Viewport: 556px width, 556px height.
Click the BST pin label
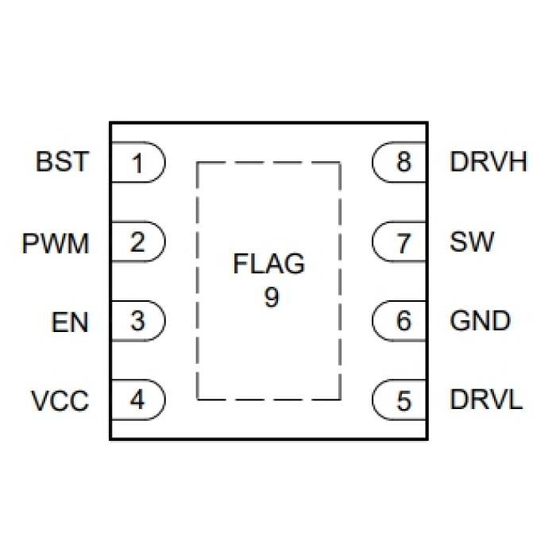point(60,163)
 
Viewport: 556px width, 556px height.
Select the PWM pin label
point(55,242)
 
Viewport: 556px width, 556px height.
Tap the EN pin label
point(69,322)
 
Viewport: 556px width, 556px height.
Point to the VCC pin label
point(60,401)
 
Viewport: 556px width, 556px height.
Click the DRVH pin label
point(488,163)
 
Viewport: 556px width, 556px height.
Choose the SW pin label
point(471,242)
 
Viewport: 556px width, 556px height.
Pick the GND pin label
point(480,322)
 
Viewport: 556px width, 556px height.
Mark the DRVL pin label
point(486,401)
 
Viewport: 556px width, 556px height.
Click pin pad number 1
point(137,164)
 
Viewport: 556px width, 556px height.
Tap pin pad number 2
point(137,242)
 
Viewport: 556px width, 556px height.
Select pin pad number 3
point(137,322)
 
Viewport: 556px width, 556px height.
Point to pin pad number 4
point(137,400)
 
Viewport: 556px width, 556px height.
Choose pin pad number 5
point(403,401)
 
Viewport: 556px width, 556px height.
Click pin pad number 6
point(403,322)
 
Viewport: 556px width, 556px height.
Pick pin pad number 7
point(403,242)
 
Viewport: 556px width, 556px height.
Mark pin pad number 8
point(403,164)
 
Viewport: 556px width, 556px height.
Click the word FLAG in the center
point(268,264)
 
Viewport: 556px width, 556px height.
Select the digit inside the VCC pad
point(138,400)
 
